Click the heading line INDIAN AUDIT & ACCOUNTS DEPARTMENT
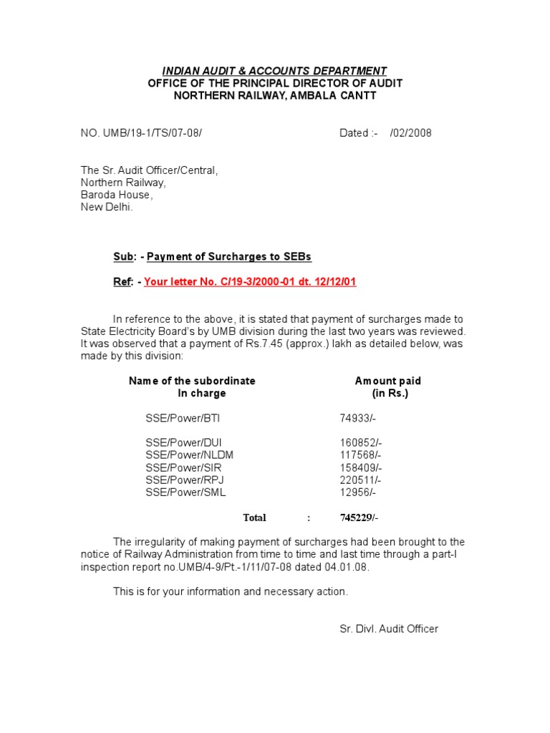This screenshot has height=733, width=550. [274, 71]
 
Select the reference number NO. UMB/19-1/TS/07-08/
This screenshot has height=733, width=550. [146, 133]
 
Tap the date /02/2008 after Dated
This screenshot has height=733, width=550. [411, 133]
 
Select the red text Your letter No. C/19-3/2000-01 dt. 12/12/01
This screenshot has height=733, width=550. [250, 281]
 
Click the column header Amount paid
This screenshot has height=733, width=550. [388, 381]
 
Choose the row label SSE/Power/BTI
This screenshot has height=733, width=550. [178, 418]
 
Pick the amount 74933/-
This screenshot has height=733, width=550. [357, 418]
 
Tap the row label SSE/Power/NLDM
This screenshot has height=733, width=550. [189, 455]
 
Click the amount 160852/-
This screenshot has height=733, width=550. [360, 443]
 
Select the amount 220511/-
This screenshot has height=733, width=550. [360, 480]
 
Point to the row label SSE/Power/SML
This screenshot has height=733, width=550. [186, 492]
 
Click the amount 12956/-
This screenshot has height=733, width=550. [357, 492]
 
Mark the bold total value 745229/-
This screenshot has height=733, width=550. [359, 518]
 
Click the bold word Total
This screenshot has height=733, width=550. [254, 518]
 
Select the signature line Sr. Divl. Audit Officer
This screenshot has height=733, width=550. [389, 628]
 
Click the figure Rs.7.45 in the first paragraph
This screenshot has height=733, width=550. [262, 344]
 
